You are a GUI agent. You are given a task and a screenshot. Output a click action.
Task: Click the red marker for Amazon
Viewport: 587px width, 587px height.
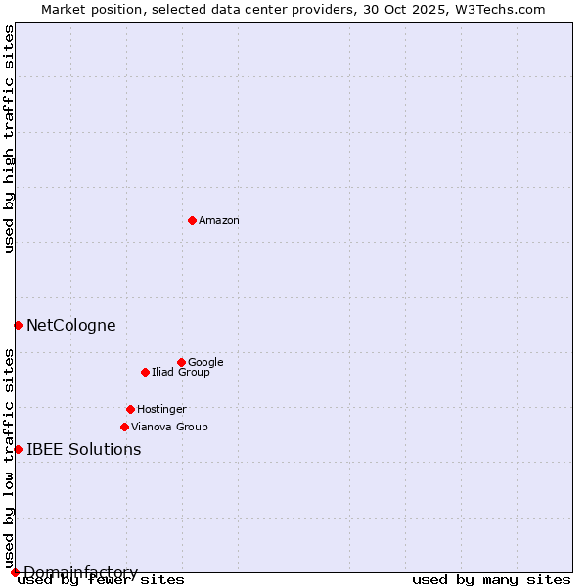(x=192, y=220)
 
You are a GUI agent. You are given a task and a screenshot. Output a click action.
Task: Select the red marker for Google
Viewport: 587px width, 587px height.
(x=181, y=362)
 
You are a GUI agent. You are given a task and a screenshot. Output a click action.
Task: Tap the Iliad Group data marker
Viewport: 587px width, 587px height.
(x=145, y=372)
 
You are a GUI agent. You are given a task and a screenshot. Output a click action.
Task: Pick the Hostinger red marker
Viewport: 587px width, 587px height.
(x=130, y=409)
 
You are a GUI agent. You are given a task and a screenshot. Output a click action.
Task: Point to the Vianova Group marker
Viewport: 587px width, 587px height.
(x=124, y=427)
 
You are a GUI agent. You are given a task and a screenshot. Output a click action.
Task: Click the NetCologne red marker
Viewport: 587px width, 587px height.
(x=18, y=325)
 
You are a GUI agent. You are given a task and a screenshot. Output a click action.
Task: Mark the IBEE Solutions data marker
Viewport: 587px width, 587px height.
(x=18, y=449)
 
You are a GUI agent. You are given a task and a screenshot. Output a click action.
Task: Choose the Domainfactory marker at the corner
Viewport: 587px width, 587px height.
(x=15, y=572)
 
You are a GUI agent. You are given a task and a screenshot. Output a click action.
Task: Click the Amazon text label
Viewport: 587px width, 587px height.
(x=219, y=221)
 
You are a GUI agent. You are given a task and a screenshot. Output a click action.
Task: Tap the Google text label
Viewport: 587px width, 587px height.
(x=205, y=362)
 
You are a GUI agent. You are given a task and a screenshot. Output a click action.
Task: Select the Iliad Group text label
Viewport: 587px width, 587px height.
(x=181, y=372)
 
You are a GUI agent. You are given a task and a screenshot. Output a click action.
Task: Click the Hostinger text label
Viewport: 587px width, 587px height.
(x=161, y=409)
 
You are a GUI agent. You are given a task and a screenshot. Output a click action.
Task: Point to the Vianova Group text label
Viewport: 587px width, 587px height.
(x=169, y=427)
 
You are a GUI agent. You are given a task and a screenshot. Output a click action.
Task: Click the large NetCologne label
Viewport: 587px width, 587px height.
(x=70, y=326)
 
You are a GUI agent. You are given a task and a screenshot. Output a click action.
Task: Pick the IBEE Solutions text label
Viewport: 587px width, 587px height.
(x=83, y=450)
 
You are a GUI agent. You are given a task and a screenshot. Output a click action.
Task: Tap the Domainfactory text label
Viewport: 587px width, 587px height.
(x=80, y=572)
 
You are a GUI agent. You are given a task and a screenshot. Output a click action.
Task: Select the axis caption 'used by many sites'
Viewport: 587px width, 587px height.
(x=491, y=579)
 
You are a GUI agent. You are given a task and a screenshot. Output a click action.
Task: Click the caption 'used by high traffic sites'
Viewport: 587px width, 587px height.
(x=9, y=139)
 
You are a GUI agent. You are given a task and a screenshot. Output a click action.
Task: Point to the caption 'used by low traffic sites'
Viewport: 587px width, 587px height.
(x=9, y=458)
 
